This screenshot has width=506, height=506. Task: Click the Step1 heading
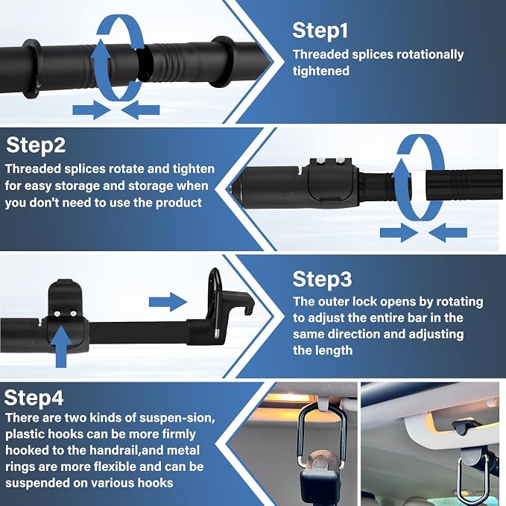tap(320, 31)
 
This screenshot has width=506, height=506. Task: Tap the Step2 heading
tap(36, 145)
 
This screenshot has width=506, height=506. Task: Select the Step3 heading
tap(322, 279)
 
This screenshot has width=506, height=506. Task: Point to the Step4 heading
tap(34, 397)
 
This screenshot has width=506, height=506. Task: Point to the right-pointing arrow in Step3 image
tap(168, 303)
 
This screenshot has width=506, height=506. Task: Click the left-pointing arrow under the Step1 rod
tap(140, 110)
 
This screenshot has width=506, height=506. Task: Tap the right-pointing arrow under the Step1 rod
tap(92, 110)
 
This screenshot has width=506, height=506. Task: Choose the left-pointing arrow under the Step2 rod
tap(448, 233)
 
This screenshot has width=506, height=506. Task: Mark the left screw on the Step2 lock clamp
tap(320, 159)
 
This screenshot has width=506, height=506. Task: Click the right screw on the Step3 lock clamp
tap(73, 313)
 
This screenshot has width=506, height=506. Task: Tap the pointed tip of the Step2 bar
tap(230, 188)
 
